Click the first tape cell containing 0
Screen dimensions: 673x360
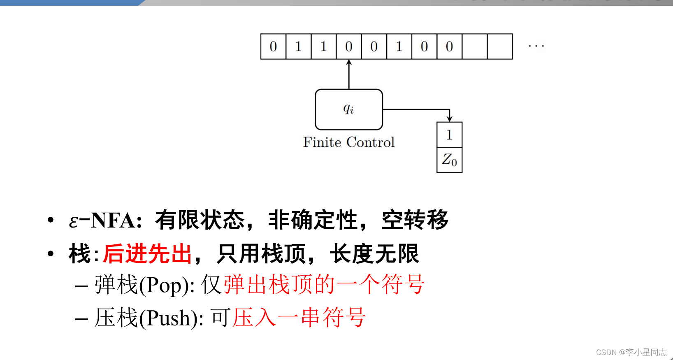point(273,46)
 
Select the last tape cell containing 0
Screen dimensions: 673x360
point(449,46)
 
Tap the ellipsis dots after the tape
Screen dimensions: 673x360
point(536,46)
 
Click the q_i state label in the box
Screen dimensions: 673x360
point(348,109)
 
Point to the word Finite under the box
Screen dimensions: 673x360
point(322,142)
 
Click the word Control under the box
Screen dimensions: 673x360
point(370,142)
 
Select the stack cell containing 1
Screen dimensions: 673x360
point(449,135)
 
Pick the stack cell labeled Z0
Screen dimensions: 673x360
point(449,160)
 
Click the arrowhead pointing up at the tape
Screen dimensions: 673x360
point(349,63)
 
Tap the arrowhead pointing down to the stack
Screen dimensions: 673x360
point(450,118)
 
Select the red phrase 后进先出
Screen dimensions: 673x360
point(147,253)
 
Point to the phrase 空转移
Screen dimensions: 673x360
point(415,220)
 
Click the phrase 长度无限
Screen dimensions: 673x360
point(374,253)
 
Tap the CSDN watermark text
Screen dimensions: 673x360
point(631,352)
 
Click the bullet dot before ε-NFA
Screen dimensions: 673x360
point(51,220)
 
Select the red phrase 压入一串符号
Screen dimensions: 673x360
point(299,318)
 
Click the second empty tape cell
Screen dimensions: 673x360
point(500,46)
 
